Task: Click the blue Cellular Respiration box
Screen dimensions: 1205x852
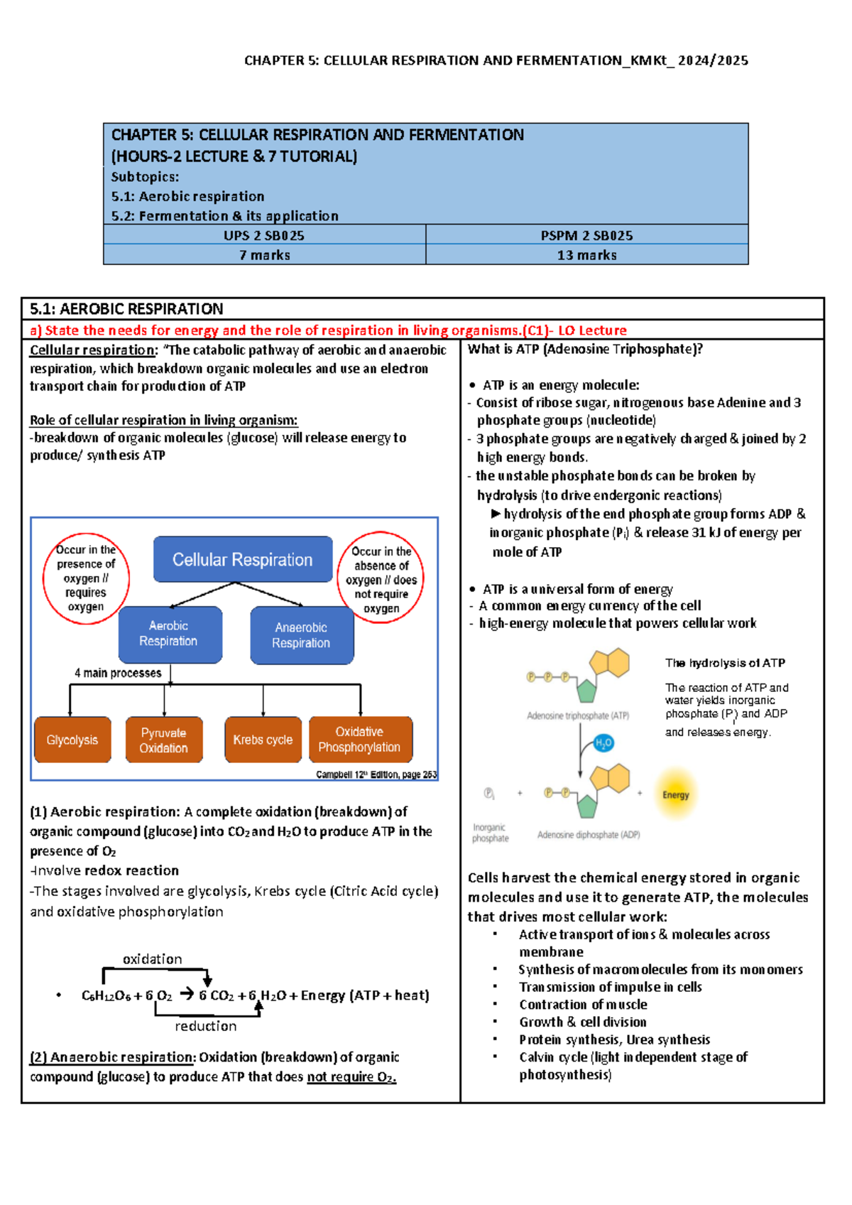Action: [x=243, y=560]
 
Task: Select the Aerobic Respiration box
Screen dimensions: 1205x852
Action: [x=169, y=634]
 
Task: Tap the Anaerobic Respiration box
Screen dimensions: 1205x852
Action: [x=302, y=635]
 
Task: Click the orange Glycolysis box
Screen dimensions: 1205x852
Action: [x=72, y=740]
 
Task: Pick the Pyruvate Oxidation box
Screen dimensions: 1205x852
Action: [x=164, y=740]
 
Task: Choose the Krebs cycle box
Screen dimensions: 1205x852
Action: [x=263, y=740]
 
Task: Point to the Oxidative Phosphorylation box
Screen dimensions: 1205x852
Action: [x=360, y=740]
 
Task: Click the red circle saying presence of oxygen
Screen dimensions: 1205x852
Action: [x=86, y=578]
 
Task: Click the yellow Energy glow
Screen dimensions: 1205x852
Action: [x=676, y=795]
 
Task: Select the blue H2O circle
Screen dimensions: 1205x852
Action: [x=603, y=743]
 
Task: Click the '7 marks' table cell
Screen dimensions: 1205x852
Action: [x=265, y=255]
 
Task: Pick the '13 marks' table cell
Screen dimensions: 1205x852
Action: [x=587, y=255]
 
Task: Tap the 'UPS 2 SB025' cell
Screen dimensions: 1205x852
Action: [x=265, y=235]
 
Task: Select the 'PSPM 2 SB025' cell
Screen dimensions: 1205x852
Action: [x=587, y=235]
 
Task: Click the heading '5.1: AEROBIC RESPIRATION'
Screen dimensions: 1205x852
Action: [x=127, y=309]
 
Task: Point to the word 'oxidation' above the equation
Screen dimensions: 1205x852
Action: [x=153, y=959]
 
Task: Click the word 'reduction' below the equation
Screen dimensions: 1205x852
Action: [x=206, y=1026]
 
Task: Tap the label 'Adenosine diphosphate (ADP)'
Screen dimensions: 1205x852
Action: [x=589, y=835]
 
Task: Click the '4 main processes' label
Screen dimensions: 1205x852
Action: [x=118, y=673]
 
